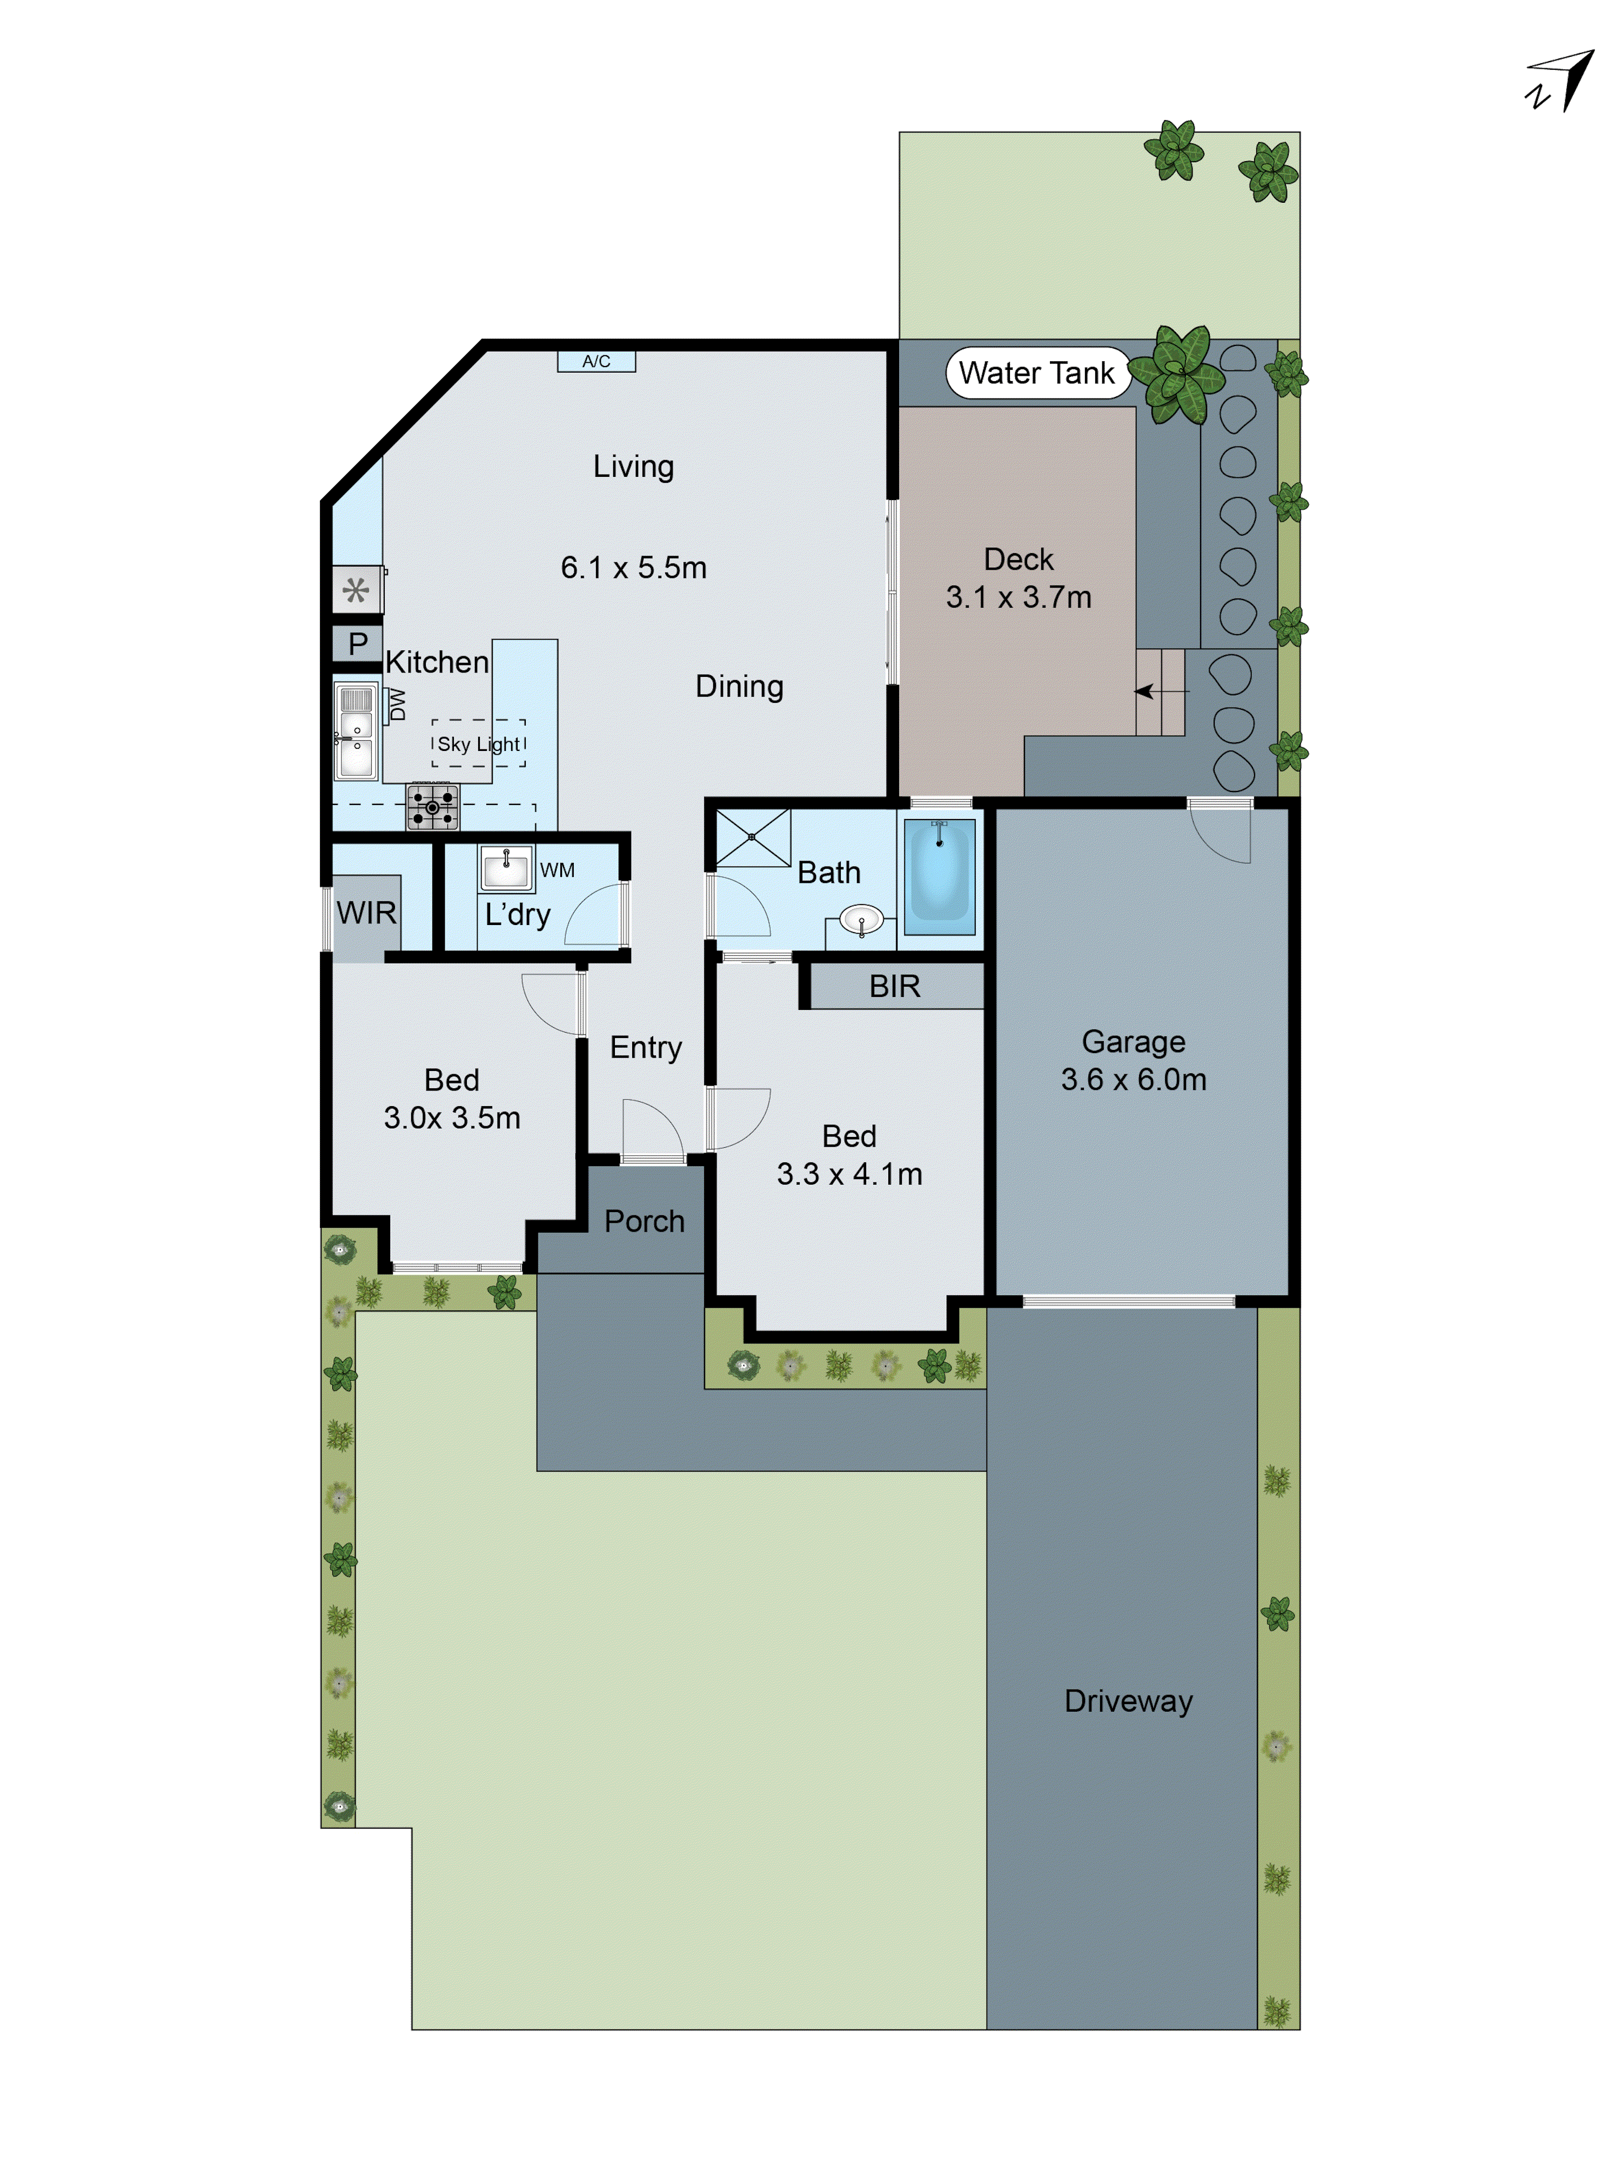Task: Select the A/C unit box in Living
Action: [x=596, y=362]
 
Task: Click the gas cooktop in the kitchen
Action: [x=432, y=807]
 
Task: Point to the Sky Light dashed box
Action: [x=479, y=744]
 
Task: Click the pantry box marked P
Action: [x=358, y=644]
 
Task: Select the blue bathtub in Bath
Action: [x=939, y=876]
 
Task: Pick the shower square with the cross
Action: [x=752, y=837]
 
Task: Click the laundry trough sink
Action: [x=506, y=868]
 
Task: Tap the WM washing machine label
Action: [x=557, y=870]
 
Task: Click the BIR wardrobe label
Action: [x=894, y=986]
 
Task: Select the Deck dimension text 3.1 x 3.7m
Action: [x=1018, y=597]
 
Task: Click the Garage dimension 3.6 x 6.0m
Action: [x=1134, y=1079]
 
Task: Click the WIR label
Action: [x=366, y=913]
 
